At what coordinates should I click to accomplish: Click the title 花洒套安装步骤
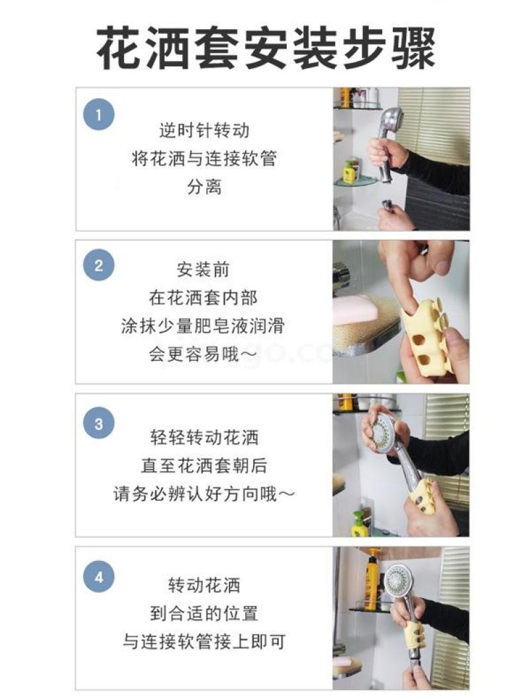pos(266,48)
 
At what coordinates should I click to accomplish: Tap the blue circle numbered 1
pos(99,115)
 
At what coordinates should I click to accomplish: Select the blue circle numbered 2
pos(99,266)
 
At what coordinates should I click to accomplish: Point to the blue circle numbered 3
pos(99,423)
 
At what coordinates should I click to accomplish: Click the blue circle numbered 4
pos(99,577)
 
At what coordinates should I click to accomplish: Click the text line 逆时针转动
pos(204,130)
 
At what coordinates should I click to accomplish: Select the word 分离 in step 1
pos(204,187)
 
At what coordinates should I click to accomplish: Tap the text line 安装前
pos(203,270)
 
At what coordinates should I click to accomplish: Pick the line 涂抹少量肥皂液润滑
pos(203,326)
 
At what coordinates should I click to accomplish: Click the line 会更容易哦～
pos(203,354)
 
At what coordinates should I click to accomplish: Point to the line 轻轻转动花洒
pos(205,438)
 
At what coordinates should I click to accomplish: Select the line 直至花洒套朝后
pos(205,466)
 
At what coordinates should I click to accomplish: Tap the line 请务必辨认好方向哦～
pos(205,493)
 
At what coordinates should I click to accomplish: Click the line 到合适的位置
pos(204,613)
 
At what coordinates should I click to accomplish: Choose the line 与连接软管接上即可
pos(204,642)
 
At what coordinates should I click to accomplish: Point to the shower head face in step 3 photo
pos(382,430)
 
